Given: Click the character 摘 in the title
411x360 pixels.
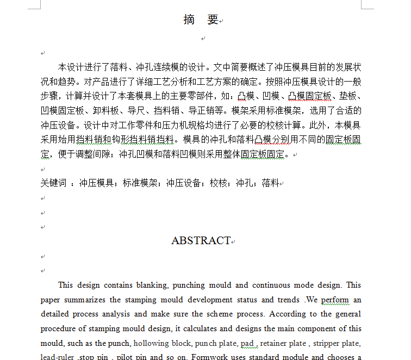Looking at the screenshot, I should [x=189, y=20].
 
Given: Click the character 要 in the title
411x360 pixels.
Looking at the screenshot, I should [x=213, y=20].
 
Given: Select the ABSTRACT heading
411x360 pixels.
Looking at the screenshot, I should [x=201, y=240].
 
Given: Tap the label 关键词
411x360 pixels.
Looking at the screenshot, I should [x=53, y=183].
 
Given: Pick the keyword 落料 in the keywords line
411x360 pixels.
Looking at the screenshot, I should [x=270, y=183].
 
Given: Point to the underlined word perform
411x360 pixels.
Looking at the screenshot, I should [x=335, y=300].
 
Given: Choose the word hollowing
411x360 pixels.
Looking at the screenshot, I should [x=152, y=343].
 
